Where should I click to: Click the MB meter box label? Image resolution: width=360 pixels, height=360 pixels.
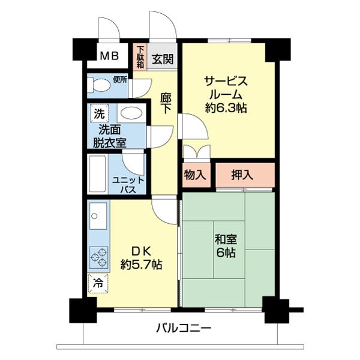pos(109,57)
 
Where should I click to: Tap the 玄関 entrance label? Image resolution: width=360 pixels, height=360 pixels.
pos(162,59)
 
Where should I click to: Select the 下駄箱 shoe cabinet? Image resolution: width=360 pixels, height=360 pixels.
pos(140,57)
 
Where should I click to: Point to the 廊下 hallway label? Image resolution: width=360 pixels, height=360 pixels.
pos(167,102)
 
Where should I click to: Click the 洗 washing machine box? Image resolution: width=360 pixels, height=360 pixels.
pos(97,113)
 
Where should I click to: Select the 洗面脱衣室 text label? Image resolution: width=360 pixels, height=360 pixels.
pos(109,136)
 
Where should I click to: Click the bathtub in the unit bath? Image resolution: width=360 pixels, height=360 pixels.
pos(97,174)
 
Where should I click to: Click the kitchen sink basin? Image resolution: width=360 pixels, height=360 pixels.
pos(98,220)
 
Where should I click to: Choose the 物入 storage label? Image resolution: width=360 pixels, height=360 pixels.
pos(196,175)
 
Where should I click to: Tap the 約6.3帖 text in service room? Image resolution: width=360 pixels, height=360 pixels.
pos(225,109)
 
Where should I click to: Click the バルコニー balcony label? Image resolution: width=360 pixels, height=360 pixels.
pos(183,328)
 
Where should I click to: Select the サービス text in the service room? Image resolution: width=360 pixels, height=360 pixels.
pos(225,81)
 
